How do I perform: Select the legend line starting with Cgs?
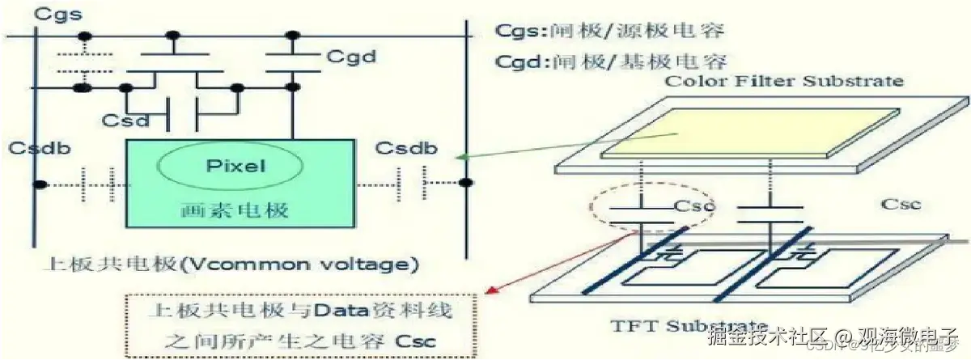[x=608, y=31]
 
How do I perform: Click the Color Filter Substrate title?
[x=783, y=81]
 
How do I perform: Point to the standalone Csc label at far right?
[x=898, y=204]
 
